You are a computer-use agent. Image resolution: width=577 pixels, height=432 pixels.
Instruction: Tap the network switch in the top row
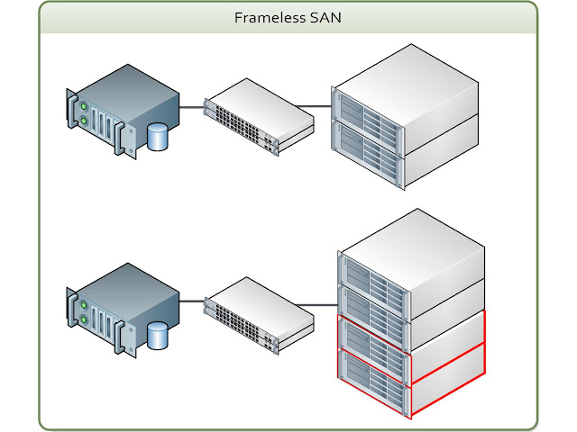click(257, 114)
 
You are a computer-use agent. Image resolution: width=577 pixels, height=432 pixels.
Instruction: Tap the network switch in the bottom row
click(257, 314)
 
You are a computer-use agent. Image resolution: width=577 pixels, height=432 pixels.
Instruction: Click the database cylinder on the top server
click(159, 138)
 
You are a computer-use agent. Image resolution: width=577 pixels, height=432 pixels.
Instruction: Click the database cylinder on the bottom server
click(159, 337)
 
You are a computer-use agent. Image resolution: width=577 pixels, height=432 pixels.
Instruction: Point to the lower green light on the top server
click(84, 120)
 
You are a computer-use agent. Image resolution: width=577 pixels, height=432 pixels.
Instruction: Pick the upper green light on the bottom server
click(84, 301)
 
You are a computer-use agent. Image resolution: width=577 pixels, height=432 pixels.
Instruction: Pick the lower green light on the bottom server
click(84, 319)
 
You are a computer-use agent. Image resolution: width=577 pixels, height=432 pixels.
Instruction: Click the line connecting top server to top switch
click(192, 107)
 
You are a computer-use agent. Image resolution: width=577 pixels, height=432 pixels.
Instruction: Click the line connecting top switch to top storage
click(323, 107)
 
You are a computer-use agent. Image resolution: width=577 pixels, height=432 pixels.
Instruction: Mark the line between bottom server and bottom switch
click(192, 306)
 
